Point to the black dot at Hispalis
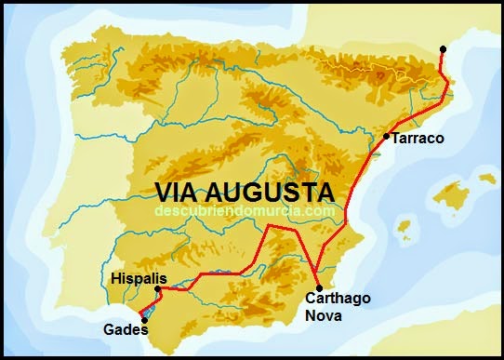coord(158,289)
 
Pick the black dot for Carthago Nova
coord(318,287)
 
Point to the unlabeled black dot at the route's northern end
coord(444,48)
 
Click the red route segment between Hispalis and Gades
coord(150,303)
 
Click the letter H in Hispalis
coord(115,277)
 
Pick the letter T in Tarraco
coord(396,139)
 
